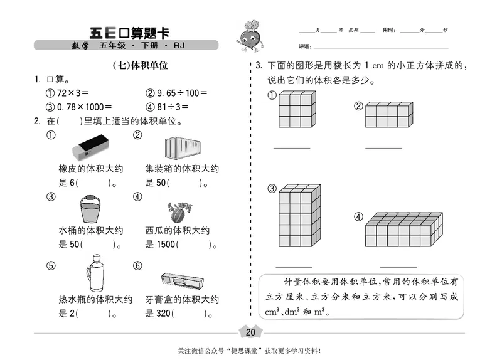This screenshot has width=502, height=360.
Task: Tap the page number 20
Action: pyautogui.click(x=251, y=332)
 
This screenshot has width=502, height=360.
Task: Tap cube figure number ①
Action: pyautogui.click(x=295, y=111)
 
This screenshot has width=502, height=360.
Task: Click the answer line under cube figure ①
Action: pyautogui.click(x=291, y=148)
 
